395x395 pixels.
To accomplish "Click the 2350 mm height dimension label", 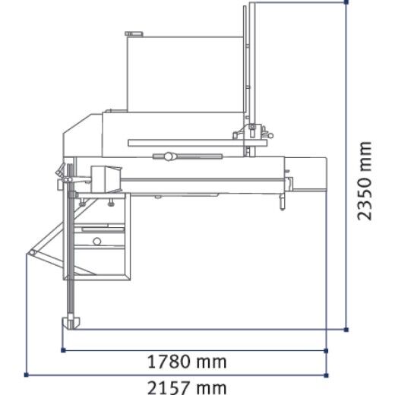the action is click(x=365, y=181).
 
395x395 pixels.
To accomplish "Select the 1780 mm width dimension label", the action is click(x=187, y=362).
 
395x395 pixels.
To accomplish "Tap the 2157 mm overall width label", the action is click(x=187, y=387).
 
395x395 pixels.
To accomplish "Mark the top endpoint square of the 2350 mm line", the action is click(x=346, y=2).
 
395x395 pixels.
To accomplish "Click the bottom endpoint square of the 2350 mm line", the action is click(x=346, y=330).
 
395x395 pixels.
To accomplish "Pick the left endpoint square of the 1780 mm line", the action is click(x=63, y=350).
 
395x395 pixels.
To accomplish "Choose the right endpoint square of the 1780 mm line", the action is click(x=326, y=351).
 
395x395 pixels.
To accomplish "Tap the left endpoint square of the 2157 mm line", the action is click(x=26, y=374).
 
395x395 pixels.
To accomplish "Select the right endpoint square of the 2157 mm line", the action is click(x=326, y=375).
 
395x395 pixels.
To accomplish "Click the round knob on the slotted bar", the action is click(x=168, y=156).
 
